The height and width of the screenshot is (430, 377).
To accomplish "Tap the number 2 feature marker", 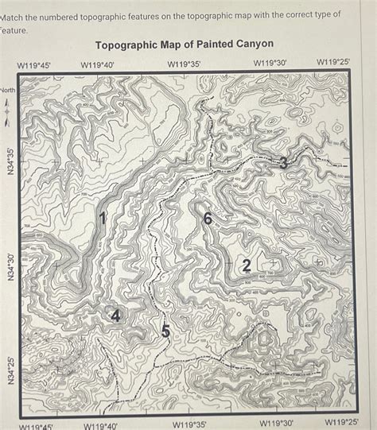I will pyautogui.click(x=247, y=265).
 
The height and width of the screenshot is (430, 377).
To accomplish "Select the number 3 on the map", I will pyautogui.click(x=284, y=164).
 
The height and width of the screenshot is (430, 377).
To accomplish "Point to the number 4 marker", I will pyautogui.click(x=116, y=316).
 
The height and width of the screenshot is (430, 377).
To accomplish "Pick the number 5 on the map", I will pyautogui.click(x=165, y=331).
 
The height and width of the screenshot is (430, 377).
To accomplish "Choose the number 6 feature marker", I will pyautogui.click(x=208, y=219).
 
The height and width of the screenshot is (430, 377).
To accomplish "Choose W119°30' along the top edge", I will pyautogui.click(x=270, y=62).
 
